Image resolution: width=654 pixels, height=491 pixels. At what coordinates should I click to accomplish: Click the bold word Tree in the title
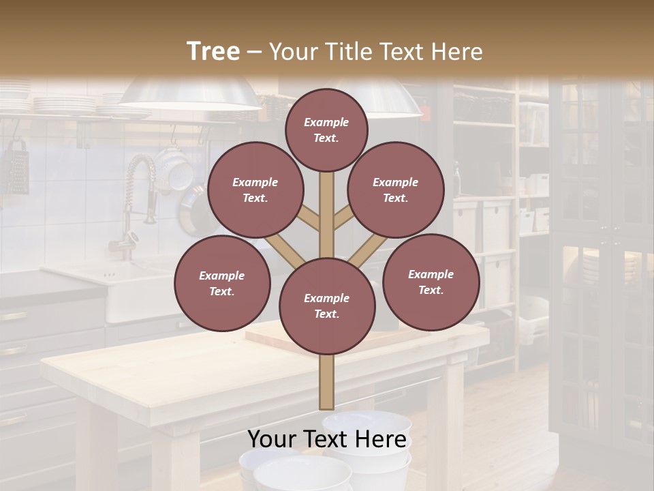213,51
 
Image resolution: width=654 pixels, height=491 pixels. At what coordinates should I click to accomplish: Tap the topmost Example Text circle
326,130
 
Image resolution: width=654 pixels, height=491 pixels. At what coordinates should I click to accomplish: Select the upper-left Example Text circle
255,190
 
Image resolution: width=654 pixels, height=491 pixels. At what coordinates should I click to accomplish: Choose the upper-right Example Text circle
396,190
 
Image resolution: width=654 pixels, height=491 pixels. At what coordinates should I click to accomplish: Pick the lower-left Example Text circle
222,283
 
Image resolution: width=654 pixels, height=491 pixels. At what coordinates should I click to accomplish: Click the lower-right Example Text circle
431,282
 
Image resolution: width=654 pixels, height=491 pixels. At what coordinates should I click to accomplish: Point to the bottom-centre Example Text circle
327,306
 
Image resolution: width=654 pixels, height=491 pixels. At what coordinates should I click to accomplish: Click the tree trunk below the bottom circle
327,382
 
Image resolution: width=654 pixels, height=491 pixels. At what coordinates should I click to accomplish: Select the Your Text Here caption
327,439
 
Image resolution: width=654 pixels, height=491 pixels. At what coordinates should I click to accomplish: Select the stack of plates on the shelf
65,104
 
